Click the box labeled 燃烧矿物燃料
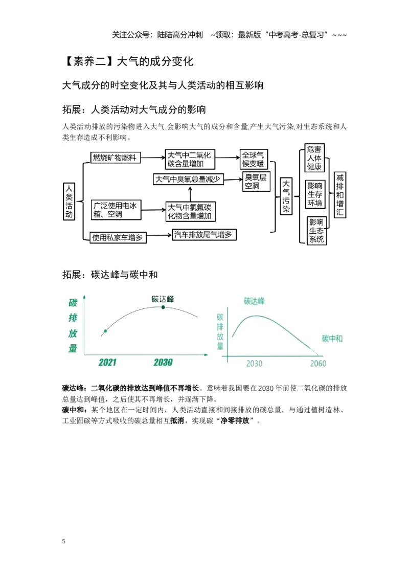click(x=115, y=158)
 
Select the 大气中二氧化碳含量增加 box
click(x=190, y=159)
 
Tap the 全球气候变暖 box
click(x=254, y=159)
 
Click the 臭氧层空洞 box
click(x=256, y=181)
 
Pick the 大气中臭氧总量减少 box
click(x=188, y=179)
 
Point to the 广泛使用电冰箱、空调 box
click(x=116, y=210)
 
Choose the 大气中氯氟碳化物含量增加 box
click(x=191, y=211)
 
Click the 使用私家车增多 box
click(x=118, y=237)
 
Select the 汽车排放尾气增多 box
click(x=204, y=234)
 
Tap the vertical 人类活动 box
click(x=69, y=201)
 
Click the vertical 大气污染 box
click(x=286, y=196)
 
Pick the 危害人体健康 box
click(x=314, y=158)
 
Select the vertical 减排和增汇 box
click(x=340, y=194)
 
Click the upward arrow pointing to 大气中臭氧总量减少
click(x=190, y=194)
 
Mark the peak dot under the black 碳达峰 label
click(x=163, y=307)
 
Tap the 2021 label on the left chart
click(x=107, y=362)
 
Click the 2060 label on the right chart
click(x=318, y=364)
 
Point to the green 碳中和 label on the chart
click(x=332, y=339)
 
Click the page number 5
click(x=64, y=541)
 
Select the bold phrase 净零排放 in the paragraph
click(x=235, y=420)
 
